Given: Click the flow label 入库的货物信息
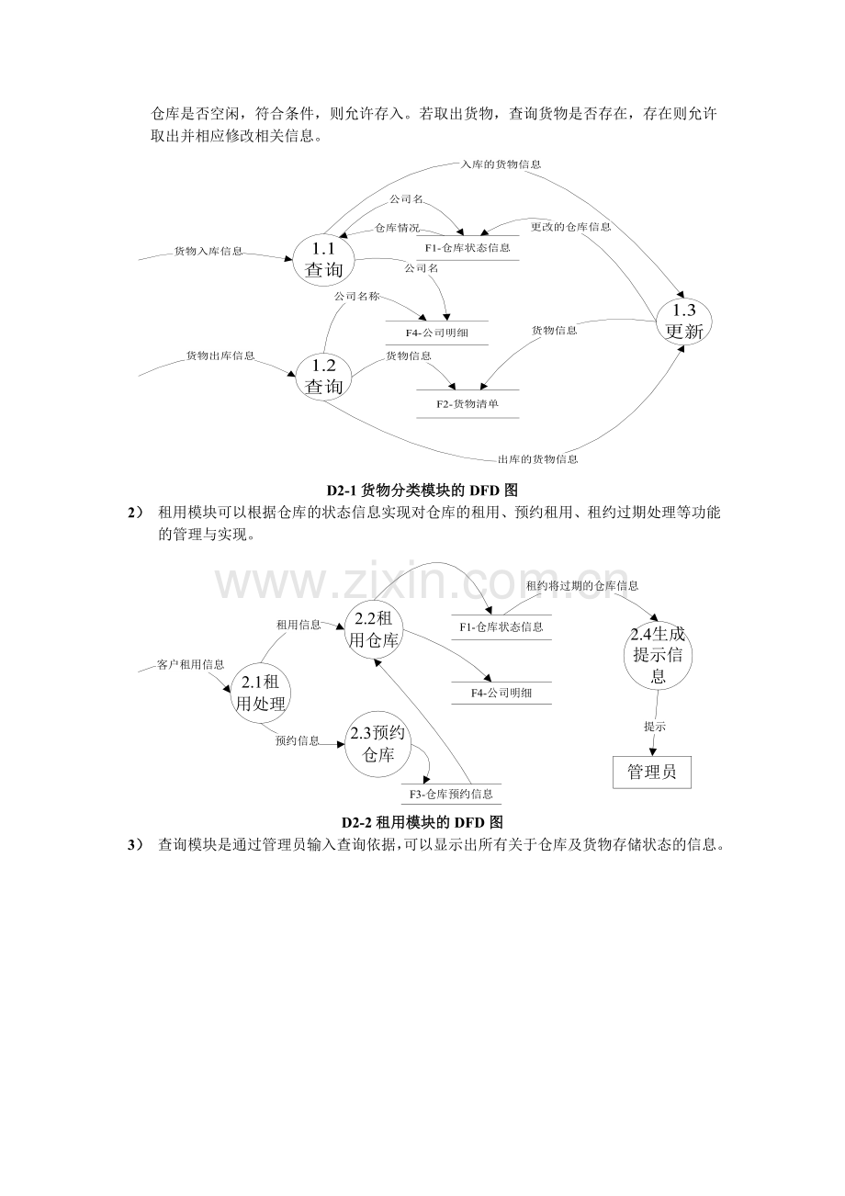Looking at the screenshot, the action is pos(501,164).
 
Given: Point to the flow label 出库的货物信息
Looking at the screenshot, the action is pos(537,459).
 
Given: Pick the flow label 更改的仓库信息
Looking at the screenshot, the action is pos(570,227).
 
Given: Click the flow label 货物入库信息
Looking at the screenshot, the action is pos(208,251).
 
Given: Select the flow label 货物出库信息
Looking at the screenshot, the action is pos(220,355).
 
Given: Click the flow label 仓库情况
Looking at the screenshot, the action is pos(397,228).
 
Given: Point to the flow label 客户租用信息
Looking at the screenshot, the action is pos(190,665).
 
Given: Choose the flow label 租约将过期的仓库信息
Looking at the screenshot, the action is pos(582,586).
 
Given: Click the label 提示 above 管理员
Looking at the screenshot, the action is pos(655,727).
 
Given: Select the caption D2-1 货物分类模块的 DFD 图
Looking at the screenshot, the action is pos(422,491).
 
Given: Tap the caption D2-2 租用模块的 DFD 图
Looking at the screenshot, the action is pos(422,822).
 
